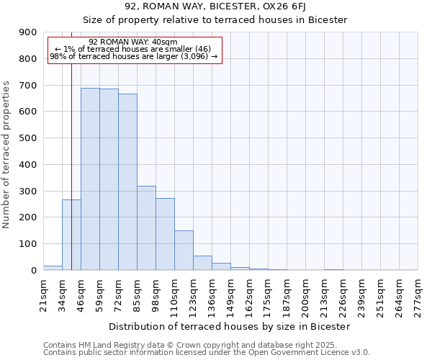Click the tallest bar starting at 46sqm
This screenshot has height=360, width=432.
tap(90, 179)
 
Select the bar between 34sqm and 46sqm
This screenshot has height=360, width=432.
tap(71, 235)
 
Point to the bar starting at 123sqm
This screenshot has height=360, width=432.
tap(202, 263)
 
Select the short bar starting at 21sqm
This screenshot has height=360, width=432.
tap(53, 268)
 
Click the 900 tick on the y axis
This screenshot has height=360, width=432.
tap(27, 32)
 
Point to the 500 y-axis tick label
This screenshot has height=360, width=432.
tap(27, 138)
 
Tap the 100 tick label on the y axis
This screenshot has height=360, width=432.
tap(27, 244)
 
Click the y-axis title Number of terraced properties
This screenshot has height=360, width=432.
tap(6, 155)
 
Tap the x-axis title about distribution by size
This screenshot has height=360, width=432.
tap(230, 326)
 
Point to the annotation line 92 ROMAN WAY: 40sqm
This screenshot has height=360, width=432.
tap(133, 42)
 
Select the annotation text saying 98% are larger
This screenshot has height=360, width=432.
tap(133, 56)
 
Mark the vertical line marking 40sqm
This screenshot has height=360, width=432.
tap(71, 144)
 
